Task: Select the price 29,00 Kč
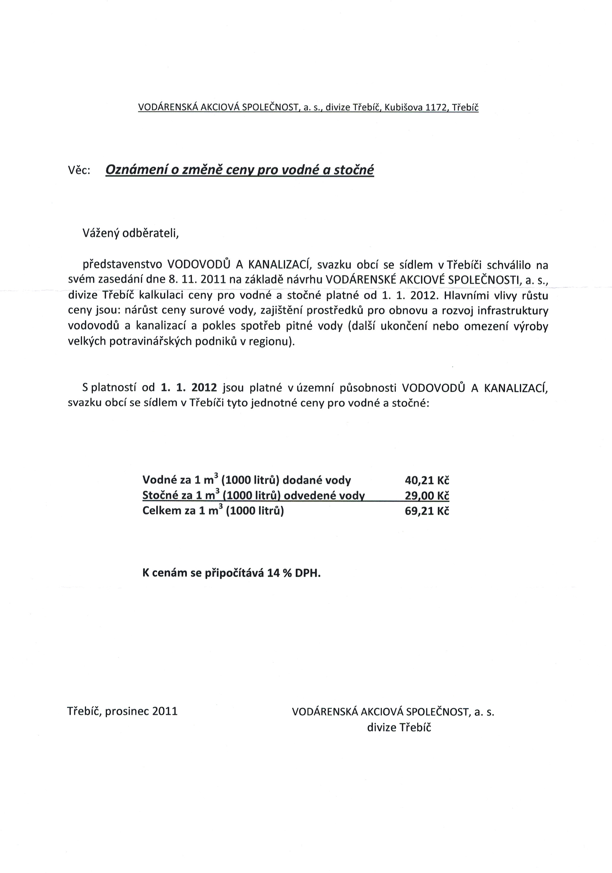tap(427, 495)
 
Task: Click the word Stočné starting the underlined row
tap(160, 495)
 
